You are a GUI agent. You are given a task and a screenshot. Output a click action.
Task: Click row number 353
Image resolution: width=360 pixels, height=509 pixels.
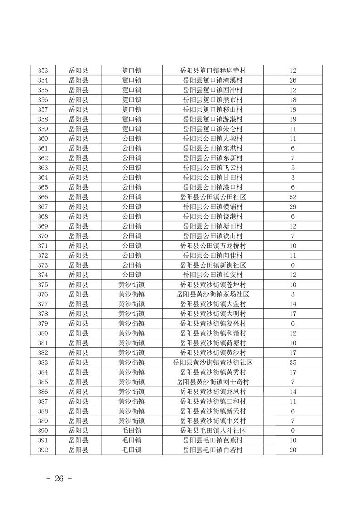click(x=43, y=70)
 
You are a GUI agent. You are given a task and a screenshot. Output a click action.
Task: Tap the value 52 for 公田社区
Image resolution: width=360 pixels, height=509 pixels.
click(x=293, y=197)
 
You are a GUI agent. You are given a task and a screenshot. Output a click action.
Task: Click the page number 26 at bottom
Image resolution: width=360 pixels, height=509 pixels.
click(x=59, y=479)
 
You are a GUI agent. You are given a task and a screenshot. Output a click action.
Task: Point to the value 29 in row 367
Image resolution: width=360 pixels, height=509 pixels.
click(x=293, y=207)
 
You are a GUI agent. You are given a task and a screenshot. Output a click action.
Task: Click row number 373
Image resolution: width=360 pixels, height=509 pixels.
click(x=43, y=265)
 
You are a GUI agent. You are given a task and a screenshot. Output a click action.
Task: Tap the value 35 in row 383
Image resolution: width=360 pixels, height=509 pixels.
click(x=293, y=362)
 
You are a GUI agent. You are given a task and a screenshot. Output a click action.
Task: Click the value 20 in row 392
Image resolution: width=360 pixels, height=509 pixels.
click(x=293, y=450)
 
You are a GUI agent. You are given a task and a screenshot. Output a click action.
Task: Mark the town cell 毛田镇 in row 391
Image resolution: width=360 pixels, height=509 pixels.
click(x=132, y=440)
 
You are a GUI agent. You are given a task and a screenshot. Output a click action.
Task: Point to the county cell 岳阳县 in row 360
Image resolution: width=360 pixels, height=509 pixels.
click(x=79, y=138)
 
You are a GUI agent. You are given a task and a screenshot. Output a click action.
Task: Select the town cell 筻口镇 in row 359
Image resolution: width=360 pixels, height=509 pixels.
click(x=132, y=129)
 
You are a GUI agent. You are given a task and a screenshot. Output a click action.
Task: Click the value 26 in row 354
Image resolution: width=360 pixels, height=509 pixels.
click(x=293, y=80)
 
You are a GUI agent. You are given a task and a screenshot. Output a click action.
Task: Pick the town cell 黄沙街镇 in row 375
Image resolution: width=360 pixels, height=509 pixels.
click(x=132, y=284)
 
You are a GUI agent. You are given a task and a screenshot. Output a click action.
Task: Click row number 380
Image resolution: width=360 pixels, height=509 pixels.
click(x=43, y=333)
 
